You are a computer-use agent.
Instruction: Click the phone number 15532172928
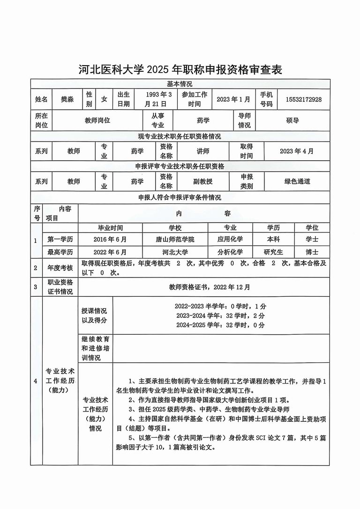pyautogui.click(x=303, y=99)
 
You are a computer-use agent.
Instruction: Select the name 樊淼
pyautogui.click(x=67, y=99)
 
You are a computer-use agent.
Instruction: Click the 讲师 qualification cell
pyautogui.click(x=202, y=151)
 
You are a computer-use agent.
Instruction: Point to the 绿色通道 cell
pyautogui.click(x=297, y=181)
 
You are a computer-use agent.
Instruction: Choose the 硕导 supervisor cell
pyautogui.click(x=292, y=120)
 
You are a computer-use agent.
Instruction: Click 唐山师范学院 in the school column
pyautogui.click(x=175, y=239)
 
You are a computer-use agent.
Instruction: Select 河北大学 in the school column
pyautogui.click(x=175, y=252)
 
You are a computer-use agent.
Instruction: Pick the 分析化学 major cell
pyautogui.click(x=230, y=252)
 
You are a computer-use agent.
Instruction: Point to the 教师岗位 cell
pyautogui.click(x=97, y=120)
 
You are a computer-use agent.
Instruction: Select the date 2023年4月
pyautogui.click(x=297, y=151)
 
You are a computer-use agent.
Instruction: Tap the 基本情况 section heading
pyautogui.click(x=180, y=83)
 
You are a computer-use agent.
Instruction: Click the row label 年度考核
pyautogui.click(x=60, y=268)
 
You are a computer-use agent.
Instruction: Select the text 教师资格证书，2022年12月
pyautogui.click(x=210, y=287)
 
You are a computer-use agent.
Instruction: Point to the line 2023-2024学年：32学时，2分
pyautogui.click(x=220, y=315)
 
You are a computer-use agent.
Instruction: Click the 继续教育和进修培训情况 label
pyautogui.click(x=96, y=348)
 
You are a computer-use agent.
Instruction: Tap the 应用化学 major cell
pyautogui.click(x=230, y=239)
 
